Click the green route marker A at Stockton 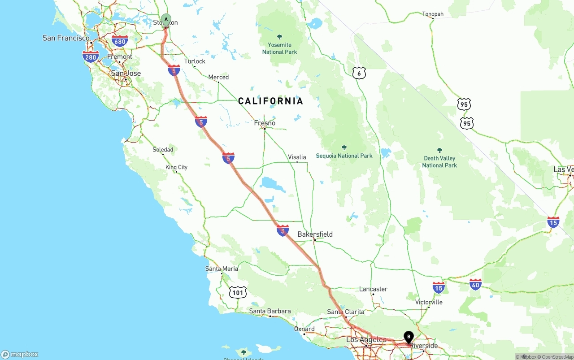pyautogui.click(x=166, y=19)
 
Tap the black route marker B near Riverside pyautogui.click(x=409, y=337)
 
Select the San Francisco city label pyautogui.click(x=66, y=38)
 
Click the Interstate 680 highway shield pyautogui.click(x=120, y=42)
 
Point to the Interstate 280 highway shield pyautogui.click(x=91, y=56)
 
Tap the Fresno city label pyautogui.click(x=265, y=123)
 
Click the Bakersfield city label pyautogui.click(x=315, y=234)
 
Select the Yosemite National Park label pyautogui.click(x=279, y=48)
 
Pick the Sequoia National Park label pyautogui.click(x=344, y=156)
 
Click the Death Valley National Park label pyautogui.click(x=439, y=161)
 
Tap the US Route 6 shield pyautogui.click(x=359, y=73)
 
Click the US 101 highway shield pyautogui.click(x=238, y=293)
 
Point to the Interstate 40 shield pyautogui.click(x=475, y=284)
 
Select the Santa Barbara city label pyautogui.click(x=270, y=311)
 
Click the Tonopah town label pyautogui.click(x=433, y=14)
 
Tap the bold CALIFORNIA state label pyautogui.click(x=270, y=101)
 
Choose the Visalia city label pyautogui.click(x=297, y=157)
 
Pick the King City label pyautogui.click(x=177, y=167)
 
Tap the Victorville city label pyautogui.click(x=429, y=302)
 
